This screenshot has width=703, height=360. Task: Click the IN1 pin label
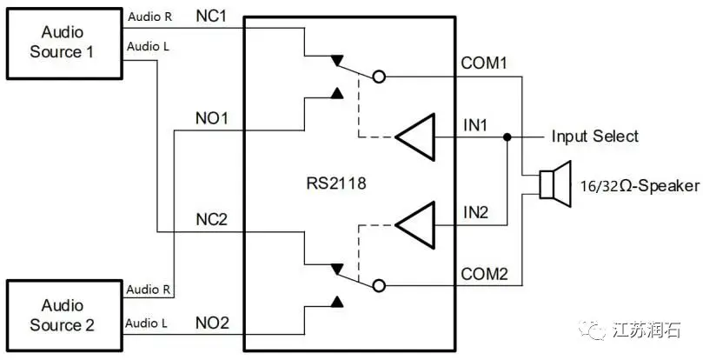point(475,125)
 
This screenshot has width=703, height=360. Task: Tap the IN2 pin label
point(475,211)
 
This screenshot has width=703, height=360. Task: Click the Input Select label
point(594,137)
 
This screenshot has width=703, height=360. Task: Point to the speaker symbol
point(553,183)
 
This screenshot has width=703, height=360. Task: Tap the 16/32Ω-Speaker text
point(637,184)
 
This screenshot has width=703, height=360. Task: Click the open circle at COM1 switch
point(378,77)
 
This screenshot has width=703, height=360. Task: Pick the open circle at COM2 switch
point(378,284)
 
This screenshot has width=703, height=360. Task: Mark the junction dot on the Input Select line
point(507,137)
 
